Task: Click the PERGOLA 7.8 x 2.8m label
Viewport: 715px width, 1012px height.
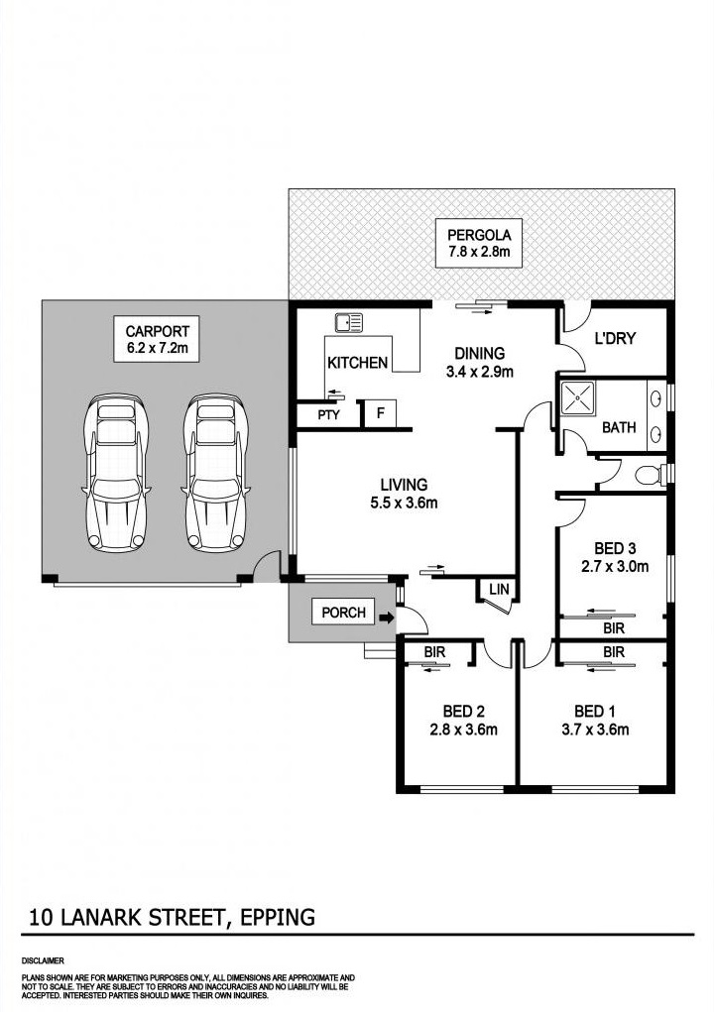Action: click(x=479, y=244)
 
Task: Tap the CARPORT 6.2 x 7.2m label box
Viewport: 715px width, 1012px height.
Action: click(x=157, y=339)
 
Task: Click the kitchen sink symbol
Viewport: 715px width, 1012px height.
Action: click(x=349, y=322)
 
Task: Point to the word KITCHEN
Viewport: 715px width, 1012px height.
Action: click(x=357, y=363)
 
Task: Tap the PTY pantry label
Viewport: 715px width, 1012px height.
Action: click(x=328, y=415)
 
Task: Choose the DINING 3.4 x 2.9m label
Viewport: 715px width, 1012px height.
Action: click(x=480, y=362)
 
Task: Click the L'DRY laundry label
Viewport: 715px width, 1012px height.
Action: click(x=615, y=339)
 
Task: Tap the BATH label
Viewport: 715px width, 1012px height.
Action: click(x=619, y=428)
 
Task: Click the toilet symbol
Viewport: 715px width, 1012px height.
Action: click(x=647, y=475)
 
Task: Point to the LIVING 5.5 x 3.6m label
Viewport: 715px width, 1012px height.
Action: click(x=404, y=494)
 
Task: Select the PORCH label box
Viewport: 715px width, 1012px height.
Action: click(x=343, y=613)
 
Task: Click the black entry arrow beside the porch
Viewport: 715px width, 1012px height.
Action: click(x=385, y=618)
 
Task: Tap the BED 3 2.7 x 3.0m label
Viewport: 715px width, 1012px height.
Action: click(x=614, y=558)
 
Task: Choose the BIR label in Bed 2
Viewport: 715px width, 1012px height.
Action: click(x=433, y=652)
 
